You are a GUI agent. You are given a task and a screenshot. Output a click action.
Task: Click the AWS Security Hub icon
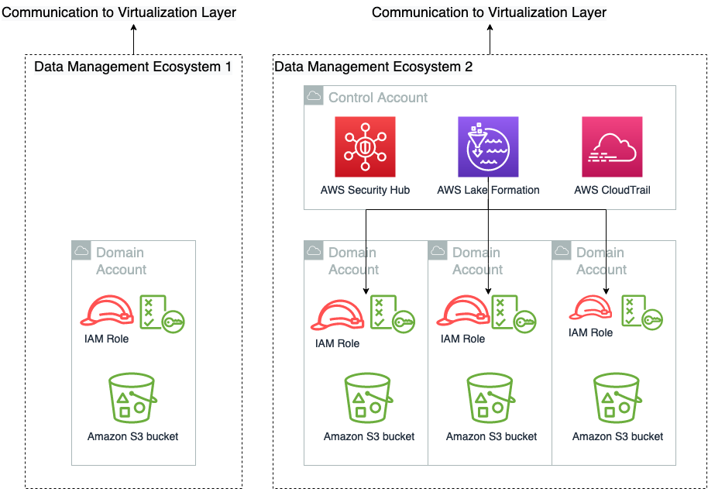coord(365,147)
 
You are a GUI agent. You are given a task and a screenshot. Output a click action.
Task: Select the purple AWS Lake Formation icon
coord(488,147)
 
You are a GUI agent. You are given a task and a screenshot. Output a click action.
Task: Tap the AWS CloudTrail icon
coord(612,147)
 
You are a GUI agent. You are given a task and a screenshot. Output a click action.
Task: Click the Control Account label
coord(377,98)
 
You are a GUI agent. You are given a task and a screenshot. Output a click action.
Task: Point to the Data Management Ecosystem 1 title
coord(132,67)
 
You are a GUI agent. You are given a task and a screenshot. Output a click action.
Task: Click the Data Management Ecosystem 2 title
coord(373,67)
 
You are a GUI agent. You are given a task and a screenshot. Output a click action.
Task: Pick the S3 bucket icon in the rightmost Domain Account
coord(617,398)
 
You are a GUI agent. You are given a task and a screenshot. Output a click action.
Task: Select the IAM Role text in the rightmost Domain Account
coord(590,332)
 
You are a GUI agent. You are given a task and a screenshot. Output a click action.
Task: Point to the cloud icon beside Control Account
coord(314,96)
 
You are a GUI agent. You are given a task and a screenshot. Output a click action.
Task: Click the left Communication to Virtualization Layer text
coord(119,12)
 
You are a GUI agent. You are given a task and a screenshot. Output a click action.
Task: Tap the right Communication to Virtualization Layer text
coord(490,12)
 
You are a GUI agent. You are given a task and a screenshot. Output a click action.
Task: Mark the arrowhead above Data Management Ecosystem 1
coord(133,28)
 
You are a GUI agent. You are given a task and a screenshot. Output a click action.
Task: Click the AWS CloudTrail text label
coord(612,190)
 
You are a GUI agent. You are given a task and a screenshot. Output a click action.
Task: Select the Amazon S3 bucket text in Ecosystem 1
coord(132,436)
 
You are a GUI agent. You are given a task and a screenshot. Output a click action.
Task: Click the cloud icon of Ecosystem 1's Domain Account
coord(81,251)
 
